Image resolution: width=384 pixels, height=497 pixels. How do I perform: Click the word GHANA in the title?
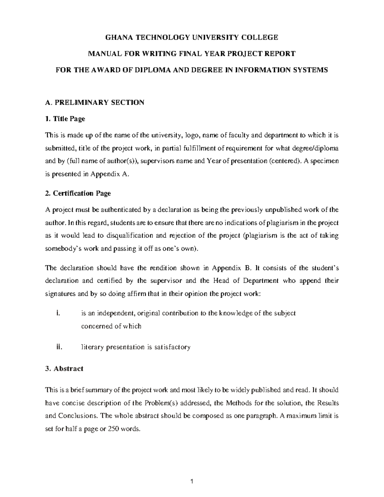(x=116, y=37)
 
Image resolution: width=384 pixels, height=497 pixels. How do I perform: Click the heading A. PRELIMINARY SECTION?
(x=95, y=102)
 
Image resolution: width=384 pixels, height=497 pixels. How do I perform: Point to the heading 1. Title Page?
(x=65, y=119)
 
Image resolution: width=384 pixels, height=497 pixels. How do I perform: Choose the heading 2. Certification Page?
(x=78, y=193)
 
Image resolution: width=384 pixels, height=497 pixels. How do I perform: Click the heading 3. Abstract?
(x=64, y=368)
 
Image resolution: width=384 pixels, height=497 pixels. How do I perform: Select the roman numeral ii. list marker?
(x=58, y=347)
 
